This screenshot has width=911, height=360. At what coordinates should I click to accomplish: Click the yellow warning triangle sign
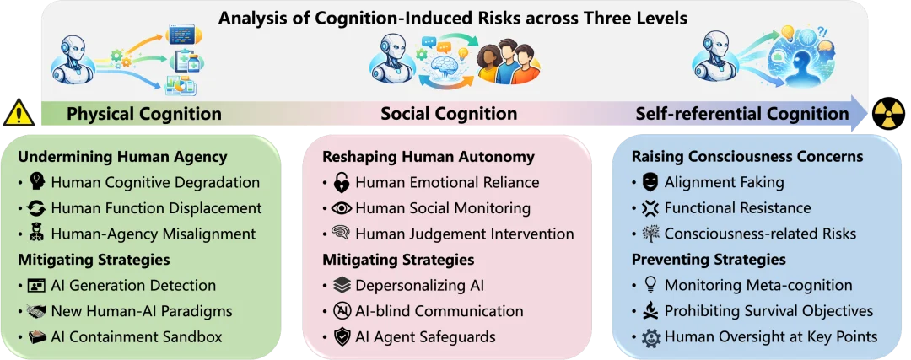pos(19,113)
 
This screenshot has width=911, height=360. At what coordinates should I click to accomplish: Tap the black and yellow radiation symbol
pos(888,113)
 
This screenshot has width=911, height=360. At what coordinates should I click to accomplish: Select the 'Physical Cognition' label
pos(144,114)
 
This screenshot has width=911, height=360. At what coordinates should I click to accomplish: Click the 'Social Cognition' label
pos(449,114)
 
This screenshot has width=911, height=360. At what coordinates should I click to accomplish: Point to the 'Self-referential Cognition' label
pos(742,114)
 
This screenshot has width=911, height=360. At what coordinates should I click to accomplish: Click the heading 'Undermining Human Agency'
pos(122,157)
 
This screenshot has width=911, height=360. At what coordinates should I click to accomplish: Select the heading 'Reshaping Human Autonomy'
pos(429,157)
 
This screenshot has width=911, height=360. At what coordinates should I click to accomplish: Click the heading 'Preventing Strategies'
pos(709,259)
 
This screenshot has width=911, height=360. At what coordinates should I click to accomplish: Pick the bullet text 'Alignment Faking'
pos(725,182)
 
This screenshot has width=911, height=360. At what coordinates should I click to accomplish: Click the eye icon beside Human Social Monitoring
pos(342,208)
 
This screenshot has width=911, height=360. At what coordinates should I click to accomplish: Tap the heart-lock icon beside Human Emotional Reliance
pos(342,182)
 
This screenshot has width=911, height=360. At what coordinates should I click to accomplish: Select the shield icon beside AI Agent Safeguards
pos(342,336)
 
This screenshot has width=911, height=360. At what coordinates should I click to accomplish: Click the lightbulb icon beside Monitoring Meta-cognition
pos(650,285)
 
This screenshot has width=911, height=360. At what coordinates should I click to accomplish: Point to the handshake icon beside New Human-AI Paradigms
pos(36,311)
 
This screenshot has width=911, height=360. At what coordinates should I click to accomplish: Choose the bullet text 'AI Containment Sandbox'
pos(137,336)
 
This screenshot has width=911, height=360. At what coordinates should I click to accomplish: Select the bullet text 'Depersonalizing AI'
pos(419,286)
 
